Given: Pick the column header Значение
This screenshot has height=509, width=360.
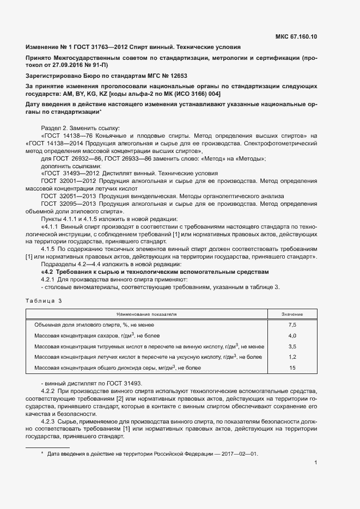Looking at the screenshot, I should [x=292, y=314].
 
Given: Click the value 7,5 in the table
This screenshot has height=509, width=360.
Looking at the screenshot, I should [x=292, y=324].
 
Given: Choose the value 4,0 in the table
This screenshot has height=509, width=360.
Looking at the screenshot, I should [x=292, y=335].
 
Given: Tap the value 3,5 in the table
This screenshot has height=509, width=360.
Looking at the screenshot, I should [x=292, y=346].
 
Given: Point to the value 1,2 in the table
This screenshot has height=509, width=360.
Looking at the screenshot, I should [x=292, y=357].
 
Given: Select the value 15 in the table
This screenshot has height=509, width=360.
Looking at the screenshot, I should [x=292, y=368].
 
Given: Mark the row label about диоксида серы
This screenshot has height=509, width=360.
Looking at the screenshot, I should [x=118, y=368].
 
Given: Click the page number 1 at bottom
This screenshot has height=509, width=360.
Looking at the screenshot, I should [x=316, y=463].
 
